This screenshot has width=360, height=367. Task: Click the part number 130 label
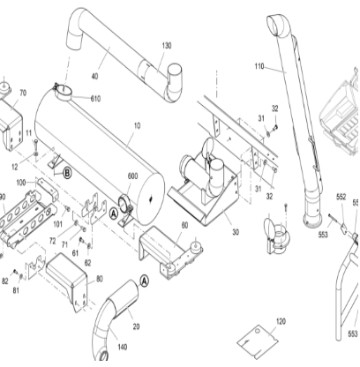tap(167, 45)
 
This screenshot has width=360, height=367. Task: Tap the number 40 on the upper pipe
tap(94, 75)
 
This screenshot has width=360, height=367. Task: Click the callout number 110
tap(259, 67)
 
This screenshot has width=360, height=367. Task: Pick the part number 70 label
tap(23, 93)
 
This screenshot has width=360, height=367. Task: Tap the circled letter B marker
tap(66, 174)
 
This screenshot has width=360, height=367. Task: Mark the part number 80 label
tap(99, 279)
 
